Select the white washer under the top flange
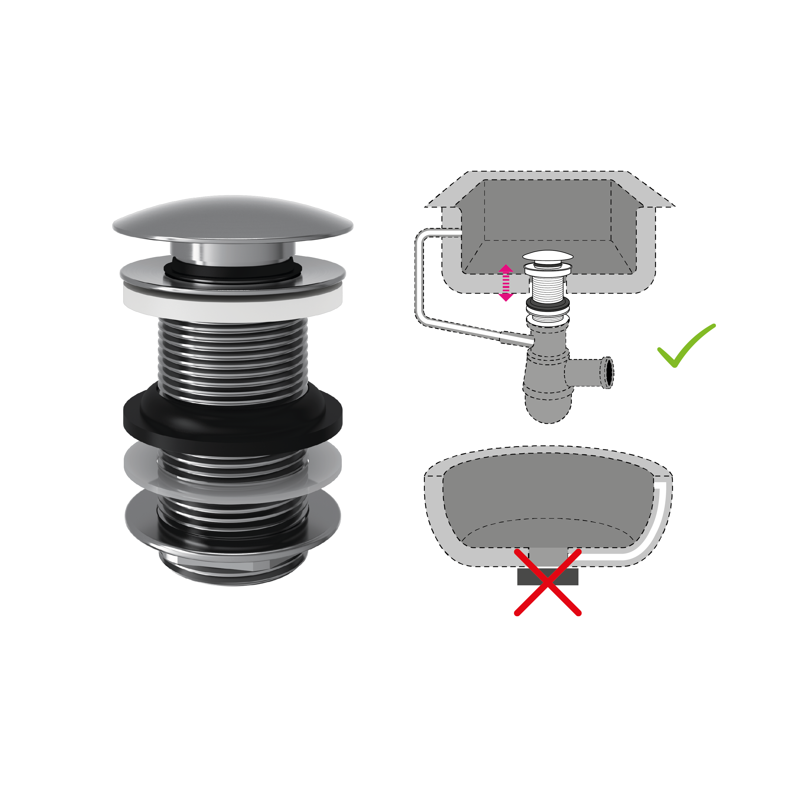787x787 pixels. tap(233, 304)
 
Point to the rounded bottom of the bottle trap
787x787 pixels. tap(548, 411)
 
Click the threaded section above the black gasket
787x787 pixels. tap(233, 358)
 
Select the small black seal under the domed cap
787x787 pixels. tap(233, 271)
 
